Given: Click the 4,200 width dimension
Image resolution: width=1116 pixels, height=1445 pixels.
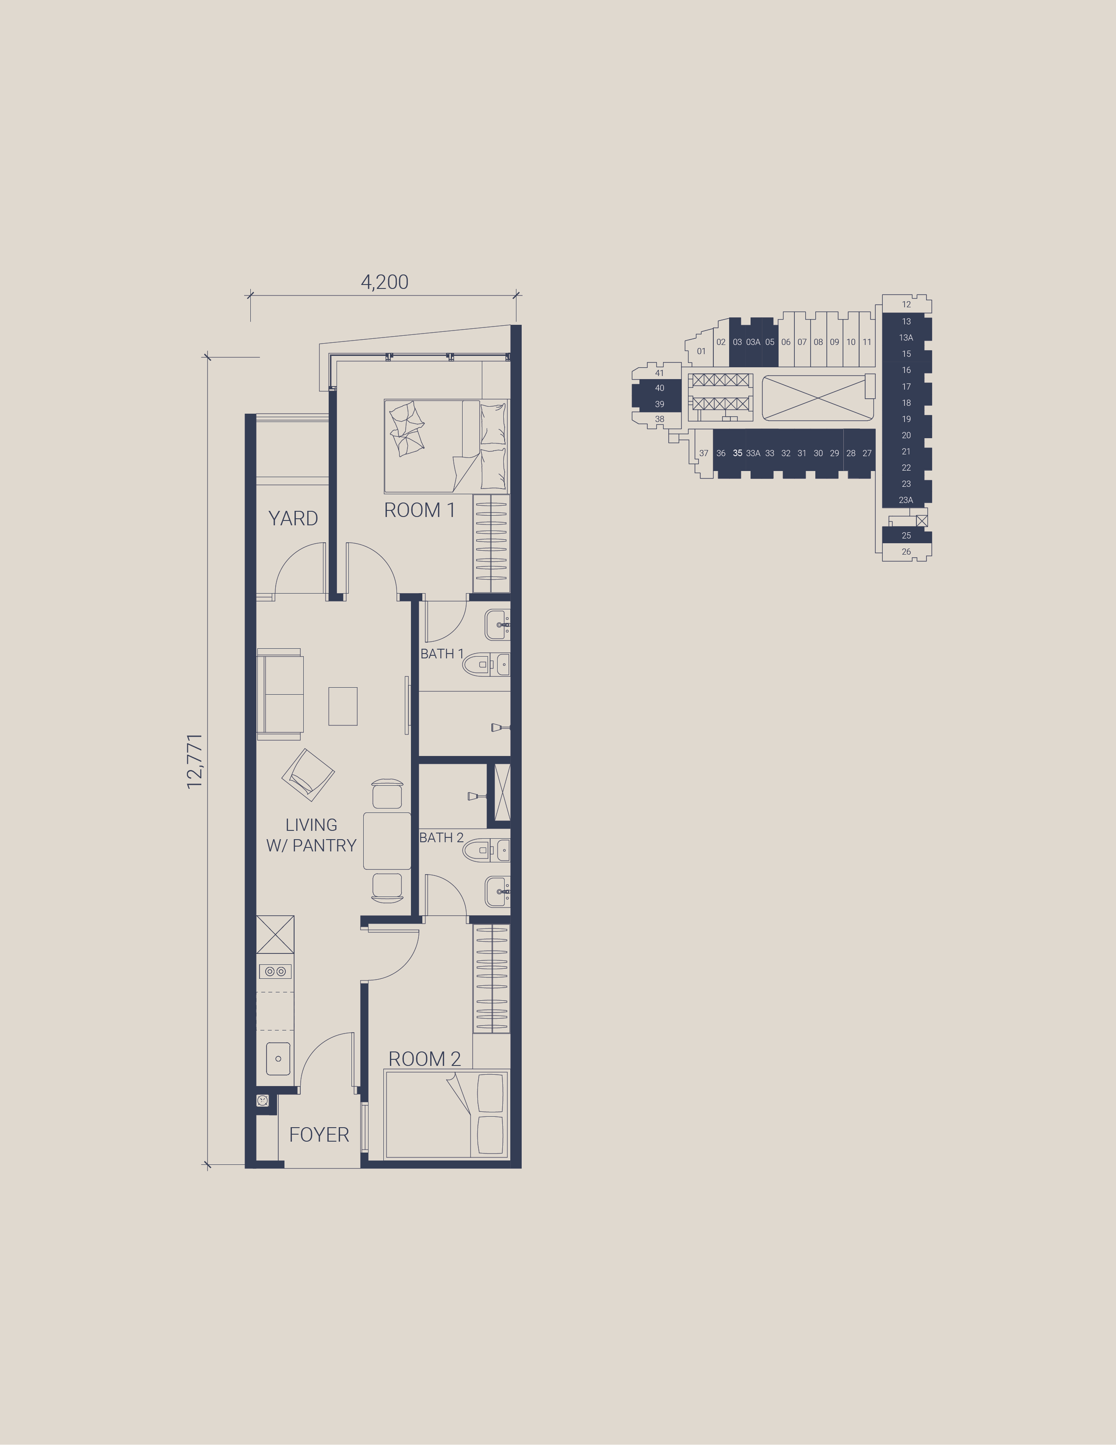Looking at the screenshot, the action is point(384,282).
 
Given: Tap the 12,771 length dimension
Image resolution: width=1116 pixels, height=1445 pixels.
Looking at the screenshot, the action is point(194,761).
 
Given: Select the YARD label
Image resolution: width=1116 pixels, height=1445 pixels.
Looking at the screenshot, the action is point(293,518).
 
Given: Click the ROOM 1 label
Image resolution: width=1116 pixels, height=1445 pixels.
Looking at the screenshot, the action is point(419,510).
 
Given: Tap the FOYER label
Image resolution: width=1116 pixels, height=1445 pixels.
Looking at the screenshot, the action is point(319,1135).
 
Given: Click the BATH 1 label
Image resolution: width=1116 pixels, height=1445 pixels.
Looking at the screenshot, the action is point(442,654).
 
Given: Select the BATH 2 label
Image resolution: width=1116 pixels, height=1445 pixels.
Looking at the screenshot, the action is point(441,837).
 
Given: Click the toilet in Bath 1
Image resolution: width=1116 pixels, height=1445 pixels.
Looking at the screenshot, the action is point(485,664).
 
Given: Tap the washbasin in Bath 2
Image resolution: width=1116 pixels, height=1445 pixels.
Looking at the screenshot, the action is point(498,892).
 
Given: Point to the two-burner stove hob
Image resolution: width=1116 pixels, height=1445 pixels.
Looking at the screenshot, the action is point(276,971).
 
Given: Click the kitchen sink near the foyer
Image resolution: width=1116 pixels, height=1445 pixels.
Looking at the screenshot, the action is point(278,1058).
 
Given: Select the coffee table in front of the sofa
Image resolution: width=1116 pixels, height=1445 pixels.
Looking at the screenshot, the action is point(343,706).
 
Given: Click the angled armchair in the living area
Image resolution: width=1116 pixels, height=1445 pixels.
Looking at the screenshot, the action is point(308,775).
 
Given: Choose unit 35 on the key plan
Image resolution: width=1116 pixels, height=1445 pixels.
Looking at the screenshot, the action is point(737,453).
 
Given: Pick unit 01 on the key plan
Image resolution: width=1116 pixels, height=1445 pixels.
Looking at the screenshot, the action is point(701,352).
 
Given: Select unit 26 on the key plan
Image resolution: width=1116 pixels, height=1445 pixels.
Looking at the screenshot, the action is point(906,552).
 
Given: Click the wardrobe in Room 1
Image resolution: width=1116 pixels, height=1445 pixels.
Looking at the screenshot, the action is point(491,543).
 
